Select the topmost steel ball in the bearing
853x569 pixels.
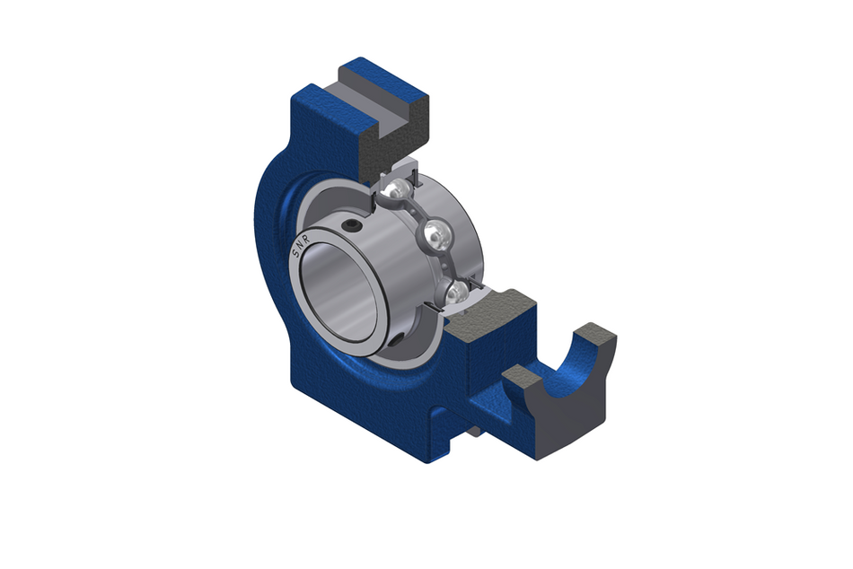click(x=396, y=189)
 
